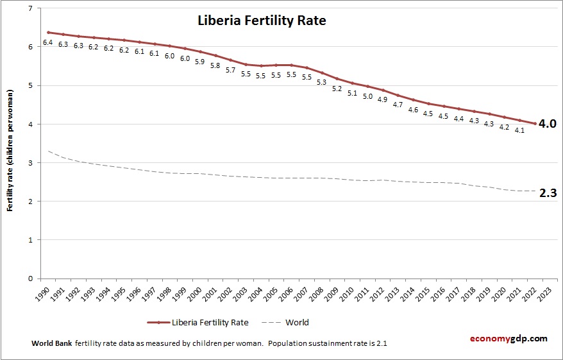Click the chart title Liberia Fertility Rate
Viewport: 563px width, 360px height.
[261, 21]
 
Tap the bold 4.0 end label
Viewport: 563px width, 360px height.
[547, 124]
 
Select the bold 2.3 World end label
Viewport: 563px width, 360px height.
[547, 193]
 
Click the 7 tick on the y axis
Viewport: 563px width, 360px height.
[30, 8]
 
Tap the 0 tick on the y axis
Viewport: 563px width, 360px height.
[30, 279]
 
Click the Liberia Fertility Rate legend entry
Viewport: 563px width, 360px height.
[210, 322]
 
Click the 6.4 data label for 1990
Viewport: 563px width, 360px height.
[47, 42]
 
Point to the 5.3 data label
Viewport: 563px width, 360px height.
[321, 82]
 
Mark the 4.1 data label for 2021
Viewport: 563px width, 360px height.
[519, 130]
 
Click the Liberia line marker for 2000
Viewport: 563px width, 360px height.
[199, 52]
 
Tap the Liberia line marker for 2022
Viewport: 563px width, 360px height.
[534, 124]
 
